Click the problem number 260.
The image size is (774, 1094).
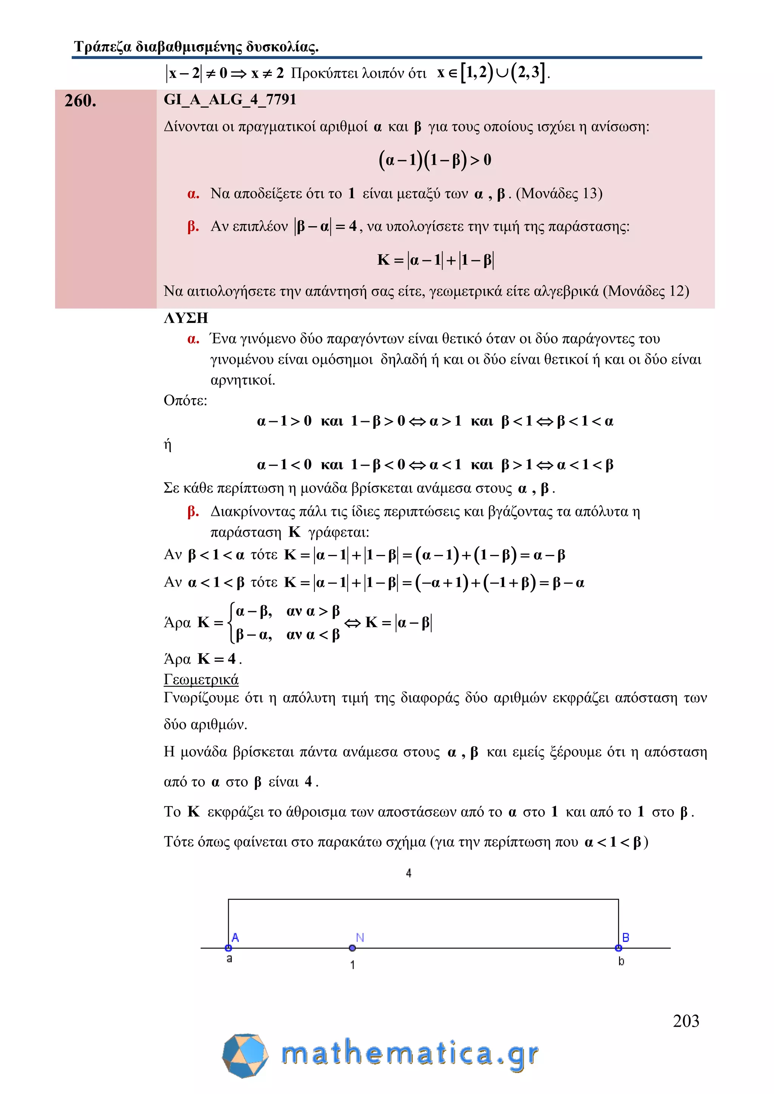pos(80,100)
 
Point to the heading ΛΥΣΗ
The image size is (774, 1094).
pos(186,318)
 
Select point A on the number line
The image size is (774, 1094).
pos(228,948)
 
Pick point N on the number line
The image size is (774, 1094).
pos(352,948)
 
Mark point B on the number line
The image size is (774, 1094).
pos(619,948)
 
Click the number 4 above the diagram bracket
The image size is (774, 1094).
pos(409,873)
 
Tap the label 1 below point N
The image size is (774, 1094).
pos(352,965)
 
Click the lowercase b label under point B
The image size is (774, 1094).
pos(621,961)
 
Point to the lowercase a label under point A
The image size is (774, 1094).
pos(229,959)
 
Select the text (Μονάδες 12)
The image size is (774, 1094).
pos(646,290)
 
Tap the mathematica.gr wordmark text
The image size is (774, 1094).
pos(410,1054)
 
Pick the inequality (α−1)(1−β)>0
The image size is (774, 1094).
pos(435,160)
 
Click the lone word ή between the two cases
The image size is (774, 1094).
pos(167,445)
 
